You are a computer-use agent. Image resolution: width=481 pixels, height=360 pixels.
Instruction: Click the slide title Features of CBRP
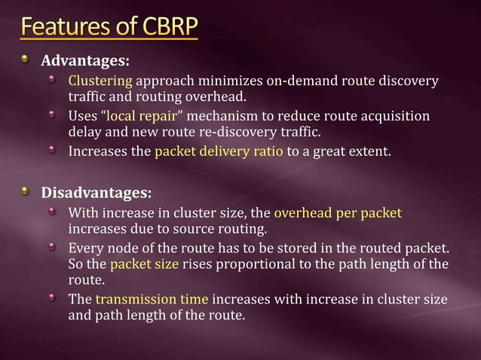coord(109,28)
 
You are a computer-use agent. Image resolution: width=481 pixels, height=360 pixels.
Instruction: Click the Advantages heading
coord(84,59)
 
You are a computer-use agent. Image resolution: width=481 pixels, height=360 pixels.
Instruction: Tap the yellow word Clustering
coord(100,80)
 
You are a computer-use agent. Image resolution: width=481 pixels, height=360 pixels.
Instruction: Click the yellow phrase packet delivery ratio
coord(219,152)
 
